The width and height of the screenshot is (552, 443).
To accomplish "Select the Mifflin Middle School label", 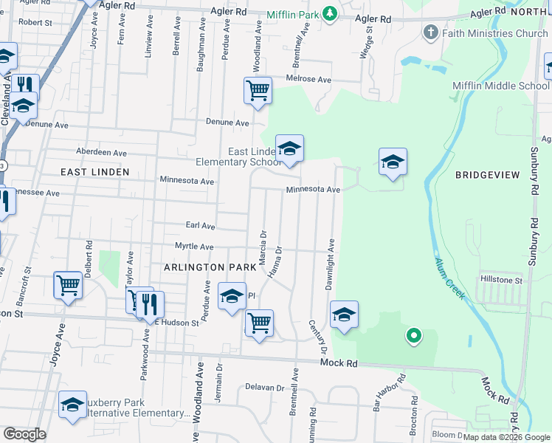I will (x=500, y=86).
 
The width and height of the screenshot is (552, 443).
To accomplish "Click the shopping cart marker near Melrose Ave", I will (x=258, y=91).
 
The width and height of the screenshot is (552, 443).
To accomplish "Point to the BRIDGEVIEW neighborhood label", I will (x=487, y=175).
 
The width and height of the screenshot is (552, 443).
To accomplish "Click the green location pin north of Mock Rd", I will (x=414, y=337).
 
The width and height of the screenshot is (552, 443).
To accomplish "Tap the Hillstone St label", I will (x=501, y=281).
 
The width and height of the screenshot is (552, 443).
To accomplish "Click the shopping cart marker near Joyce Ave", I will (x=68, y=284).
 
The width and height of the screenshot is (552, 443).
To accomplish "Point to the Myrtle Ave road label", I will (x=194, y=247).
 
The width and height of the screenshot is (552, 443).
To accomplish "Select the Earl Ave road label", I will (x=200, y=226).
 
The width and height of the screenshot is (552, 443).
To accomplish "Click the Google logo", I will (x=24, y=434).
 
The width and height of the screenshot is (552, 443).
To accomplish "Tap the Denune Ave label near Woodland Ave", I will (x=227, y=123).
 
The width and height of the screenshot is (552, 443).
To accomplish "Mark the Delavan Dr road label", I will (x=265, y=387).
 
